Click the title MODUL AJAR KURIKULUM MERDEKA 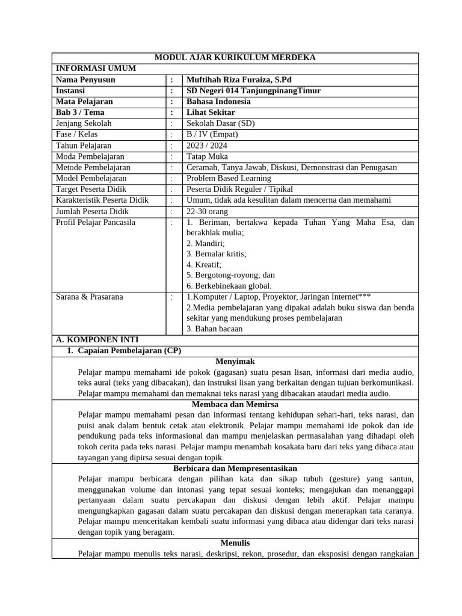[235, 58]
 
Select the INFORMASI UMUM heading [96, 69]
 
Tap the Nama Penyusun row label [85, 79]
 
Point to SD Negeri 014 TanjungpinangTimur [253, 91]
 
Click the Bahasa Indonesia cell [218, 102]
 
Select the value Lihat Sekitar [211, 112]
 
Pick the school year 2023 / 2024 [207, 146]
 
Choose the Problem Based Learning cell [229, 178]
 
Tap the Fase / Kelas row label [76, 134]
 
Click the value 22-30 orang [208, 211]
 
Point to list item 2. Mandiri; [205, 244]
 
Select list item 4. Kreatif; [204, 265]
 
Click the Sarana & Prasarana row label [89, 297]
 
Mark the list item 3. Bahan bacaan [214, 329]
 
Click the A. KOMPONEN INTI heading [97, 340]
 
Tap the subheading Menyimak [235, 362]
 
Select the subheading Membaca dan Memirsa [235, 405]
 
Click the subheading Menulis [235, 543]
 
